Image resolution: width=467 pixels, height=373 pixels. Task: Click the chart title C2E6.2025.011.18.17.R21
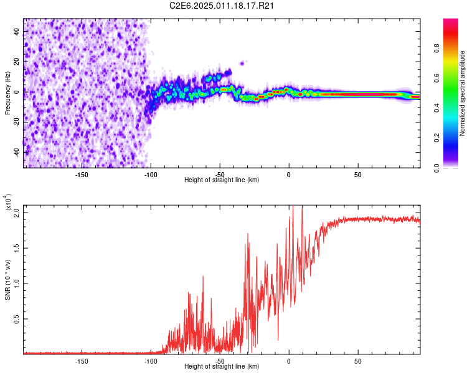(x=222, y=6)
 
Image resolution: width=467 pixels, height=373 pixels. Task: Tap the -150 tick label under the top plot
(x=81, y=174)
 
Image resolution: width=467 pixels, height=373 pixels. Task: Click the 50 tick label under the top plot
(x=357, y=174)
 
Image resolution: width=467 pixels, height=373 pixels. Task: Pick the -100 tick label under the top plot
(x=150, y=174)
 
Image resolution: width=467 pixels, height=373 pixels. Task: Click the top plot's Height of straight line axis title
(x=222, y=180)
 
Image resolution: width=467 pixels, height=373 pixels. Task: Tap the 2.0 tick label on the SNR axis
(x=17, y=213)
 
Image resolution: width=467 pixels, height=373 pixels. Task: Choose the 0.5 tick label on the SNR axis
(x=17, y=319)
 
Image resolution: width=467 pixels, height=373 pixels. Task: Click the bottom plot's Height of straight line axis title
(x=222, y=367)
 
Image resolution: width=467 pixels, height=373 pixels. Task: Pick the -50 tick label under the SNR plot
(x=219, y=361)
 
